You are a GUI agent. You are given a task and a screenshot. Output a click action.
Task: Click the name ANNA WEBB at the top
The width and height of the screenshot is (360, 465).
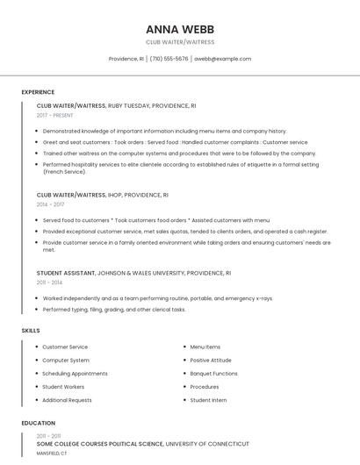coord(180,28)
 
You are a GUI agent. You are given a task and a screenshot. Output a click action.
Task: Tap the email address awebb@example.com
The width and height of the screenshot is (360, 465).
coord(222,59)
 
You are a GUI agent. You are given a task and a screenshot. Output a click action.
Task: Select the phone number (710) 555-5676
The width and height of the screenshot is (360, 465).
coord(169,59)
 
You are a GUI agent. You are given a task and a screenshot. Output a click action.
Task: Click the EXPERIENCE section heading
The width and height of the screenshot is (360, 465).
coord(38,91)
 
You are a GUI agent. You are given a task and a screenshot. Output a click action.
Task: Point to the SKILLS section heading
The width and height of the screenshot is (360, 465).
coord(31,330)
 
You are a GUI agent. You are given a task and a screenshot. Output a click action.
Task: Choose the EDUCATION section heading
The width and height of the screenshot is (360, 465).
coord(39,423)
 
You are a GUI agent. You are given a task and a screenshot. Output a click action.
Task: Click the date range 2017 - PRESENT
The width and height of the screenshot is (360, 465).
coord(56,115)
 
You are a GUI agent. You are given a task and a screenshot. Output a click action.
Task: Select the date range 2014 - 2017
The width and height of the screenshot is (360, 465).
coord(50,204)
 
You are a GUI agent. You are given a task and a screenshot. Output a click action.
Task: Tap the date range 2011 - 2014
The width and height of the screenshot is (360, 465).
coord(49,283)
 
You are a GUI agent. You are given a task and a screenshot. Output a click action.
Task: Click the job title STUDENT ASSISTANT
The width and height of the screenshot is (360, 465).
coord(66,273)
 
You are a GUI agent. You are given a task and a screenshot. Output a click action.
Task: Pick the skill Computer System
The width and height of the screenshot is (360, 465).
coord(66,360)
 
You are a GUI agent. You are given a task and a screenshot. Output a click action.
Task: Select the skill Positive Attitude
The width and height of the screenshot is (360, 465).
coord(211,360)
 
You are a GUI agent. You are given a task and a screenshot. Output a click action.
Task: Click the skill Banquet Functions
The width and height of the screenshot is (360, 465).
coord(213,373)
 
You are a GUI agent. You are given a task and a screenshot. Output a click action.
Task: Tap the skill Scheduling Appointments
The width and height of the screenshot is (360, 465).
coord(75,373)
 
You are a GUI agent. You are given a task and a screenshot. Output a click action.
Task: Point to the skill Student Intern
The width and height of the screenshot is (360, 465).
coord(208,400)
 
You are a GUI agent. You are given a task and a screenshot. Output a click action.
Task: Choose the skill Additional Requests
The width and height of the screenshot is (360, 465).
coord(67,400)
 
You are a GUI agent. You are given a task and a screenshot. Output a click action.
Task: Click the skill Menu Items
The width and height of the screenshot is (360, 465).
coord(205,347)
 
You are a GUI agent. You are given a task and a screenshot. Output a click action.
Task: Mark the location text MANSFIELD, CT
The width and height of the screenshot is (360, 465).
coord(51,454)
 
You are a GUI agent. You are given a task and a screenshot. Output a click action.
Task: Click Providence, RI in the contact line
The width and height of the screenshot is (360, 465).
coord(126,59)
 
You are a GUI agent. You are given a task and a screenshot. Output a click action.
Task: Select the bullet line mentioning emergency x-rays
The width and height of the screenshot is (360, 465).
coord(157,298)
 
